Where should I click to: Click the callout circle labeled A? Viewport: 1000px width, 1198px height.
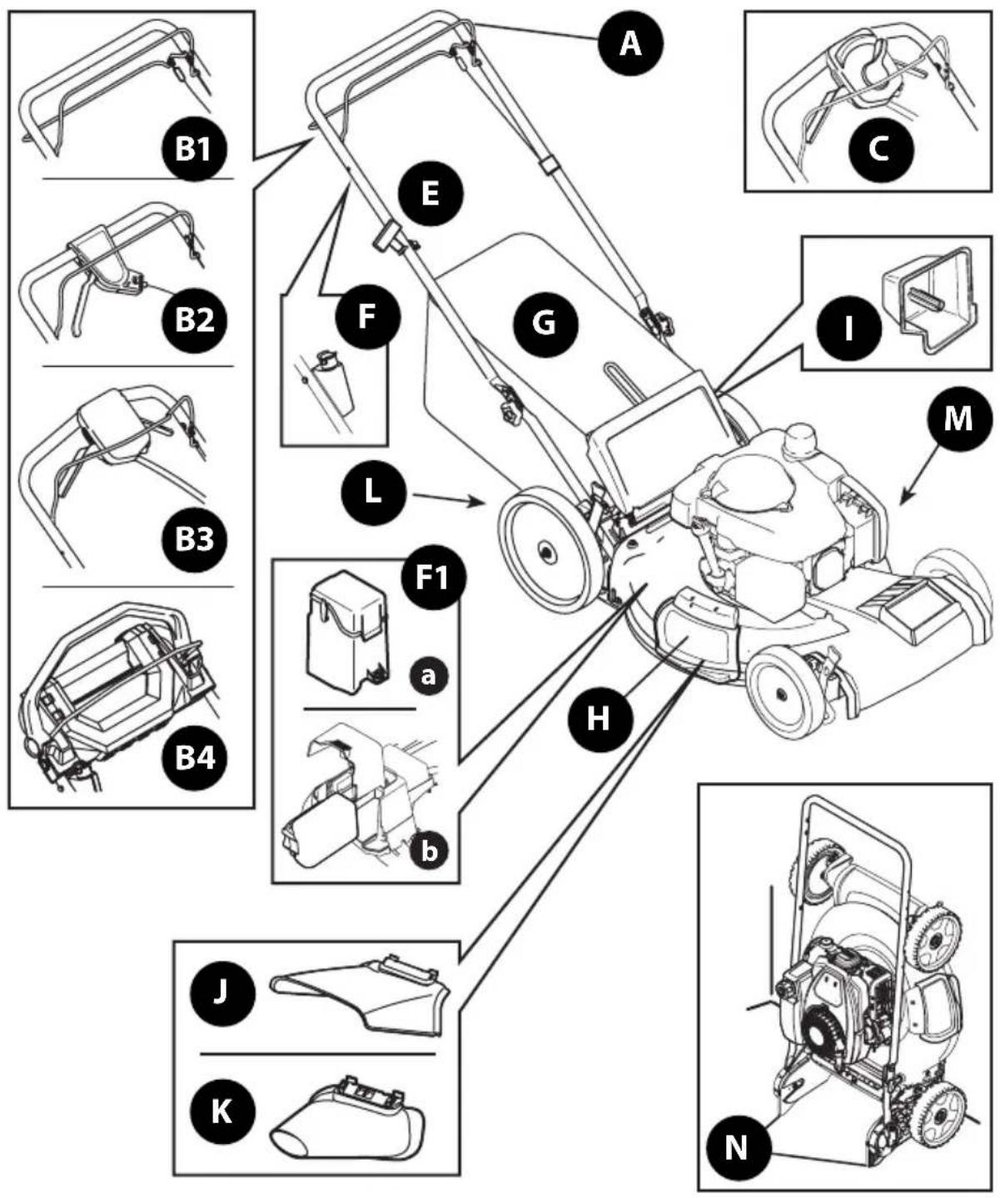pos(630,43)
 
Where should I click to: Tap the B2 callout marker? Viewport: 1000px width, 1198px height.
pos(194,319)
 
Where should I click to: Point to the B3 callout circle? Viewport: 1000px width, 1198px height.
pos(194,539)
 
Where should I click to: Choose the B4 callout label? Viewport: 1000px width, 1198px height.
pos(194,757)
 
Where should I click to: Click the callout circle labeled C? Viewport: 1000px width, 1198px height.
pos(880,151)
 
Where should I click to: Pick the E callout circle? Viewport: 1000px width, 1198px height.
pos(430,194)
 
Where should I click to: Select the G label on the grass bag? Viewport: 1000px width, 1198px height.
pos(544,323)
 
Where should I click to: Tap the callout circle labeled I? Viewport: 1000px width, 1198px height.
pos(848,329)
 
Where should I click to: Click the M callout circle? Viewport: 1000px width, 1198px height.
pos(958,418)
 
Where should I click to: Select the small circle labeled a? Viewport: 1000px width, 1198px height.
pos(428,676)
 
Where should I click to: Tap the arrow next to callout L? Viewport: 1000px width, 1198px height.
pos(450,499)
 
